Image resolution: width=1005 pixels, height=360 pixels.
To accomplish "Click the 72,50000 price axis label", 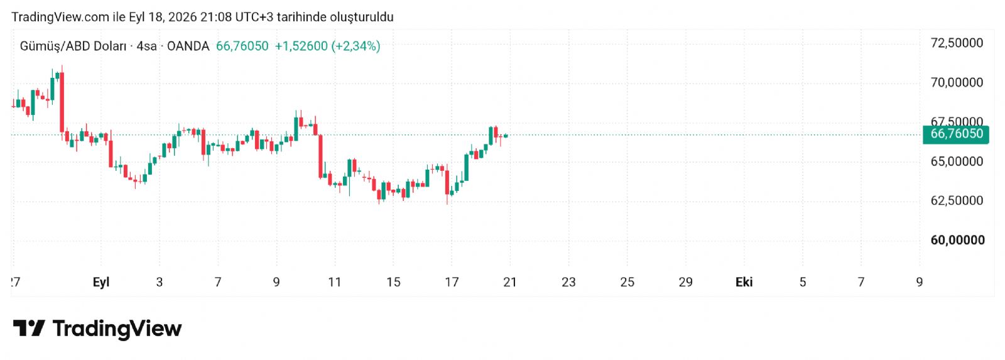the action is pyautogui.click(x=957, y=43).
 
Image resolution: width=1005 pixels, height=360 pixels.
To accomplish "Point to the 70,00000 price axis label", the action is pyautogui.click(x=957, y=82).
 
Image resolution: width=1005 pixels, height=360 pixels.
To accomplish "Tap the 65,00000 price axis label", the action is pyautogui.click(x=957, y=161).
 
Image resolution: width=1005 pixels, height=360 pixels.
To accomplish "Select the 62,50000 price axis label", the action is pyautogui.click(x=957, y=200).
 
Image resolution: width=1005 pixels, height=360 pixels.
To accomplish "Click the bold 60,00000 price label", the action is pyautogui.click(x=957, y=240).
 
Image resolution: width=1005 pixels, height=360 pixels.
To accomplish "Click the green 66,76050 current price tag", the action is pyautogui.click(x=955, y=134).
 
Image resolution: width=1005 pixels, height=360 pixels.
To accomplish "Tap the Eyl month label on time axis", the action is pyautogui.click(x=101, y=282).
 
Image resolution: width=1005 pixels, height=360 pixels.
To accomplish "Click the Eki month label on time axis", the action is pyautogui.click(x=744, y=282).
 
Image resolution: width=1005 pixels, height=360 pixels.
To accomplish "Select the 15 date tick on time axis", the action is pyautogui.click(x=393, y=282).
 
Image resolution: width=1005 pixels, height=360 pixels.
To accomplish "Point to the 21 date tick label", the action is pyautogui.click(x=510, y=282).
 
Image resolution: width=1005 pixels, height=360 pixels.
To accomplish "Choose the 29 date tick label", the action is pyautogui.click(x=685, y=282).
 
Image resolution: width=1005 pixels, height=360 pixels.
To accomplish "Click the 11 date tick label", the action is pyautogui.click(x=335, y=282).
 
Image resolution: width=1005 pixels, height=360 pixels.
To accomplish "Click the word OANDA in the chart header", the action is pyautogui.click(x=188, y=46).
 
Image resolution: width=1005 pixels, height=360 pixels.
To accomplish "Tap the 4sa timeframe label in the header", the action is pyautogui.click(x=147, y=46).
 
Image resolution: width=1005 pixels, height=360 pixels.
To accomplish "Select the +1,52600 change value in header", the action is pyautogui.click(x=301, y=46).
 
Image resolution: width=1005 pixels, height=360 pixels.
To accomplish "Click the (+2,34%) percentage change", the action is pyautogui.click(x=356, y=46).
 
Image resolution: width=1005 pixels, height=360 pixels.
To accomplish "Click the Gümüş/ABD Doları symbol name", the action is pyautogui.click(x=73, y=46).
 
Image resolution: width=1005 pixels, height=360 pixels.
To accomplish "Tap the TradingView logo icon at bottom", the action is pyautogui.click(x=29, y=328).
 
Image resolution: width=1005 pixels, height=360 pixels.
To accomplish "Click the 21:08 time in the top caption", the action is pyautogui.click(x=216, y=17).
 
